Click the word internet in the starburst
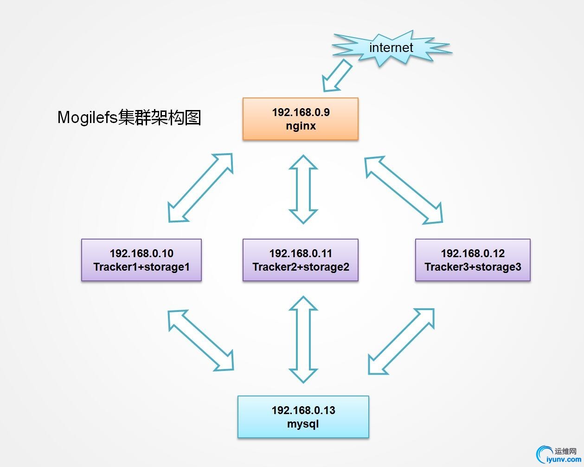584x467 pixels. (x=391, y=47)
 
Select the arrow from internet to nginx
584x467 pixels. (x=337, y=76)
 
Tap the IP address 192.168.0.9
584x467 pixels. (x=301, y=112)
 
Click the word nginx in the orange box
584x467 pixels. (x=301, y=126)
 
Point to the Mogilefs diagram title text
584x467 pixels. (x=129, y=117)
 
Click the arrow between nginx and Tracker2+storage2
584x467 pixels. (x=303, y=189)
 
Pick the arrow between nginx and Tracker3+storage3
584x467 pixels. (x=404, y=190)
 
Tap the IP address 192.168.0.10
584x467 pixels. (x=141, y=253)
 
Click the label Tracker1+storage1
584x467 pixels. (x=141, y=267)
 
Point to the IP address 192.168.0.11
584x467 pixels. (x=301, y=253)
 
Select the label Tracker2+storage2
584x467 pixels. (x=301, y=267)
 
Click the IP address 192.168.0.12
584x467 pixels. (x=473, y=253)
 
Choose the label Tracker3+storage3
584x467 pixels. (x=473, y=267)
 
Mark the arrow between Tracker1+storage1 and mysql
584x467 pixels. (x=201, y=340)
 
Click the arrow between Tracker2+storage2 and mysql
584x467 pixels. (x=303, y=339)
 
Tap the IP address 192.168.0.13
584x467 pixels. (x=303, y=410)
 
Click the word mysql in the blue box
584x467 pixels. (x=303, y=424)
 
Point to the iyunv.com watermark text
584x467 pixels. (x=564, y=460)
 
